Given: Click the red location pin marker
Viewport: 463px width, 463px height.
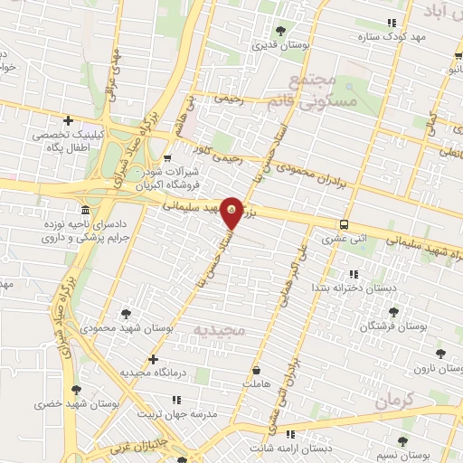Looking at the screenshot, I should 231,213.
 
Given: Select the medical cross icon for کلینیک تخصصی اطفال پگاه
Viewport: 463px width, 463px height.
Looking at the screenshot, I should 69,121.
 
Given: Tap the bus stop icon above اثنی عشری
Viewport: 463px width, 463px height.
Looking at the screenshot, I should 344,224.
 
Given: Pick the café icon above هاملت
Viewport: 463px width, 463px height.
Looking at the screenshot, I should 257,371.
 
